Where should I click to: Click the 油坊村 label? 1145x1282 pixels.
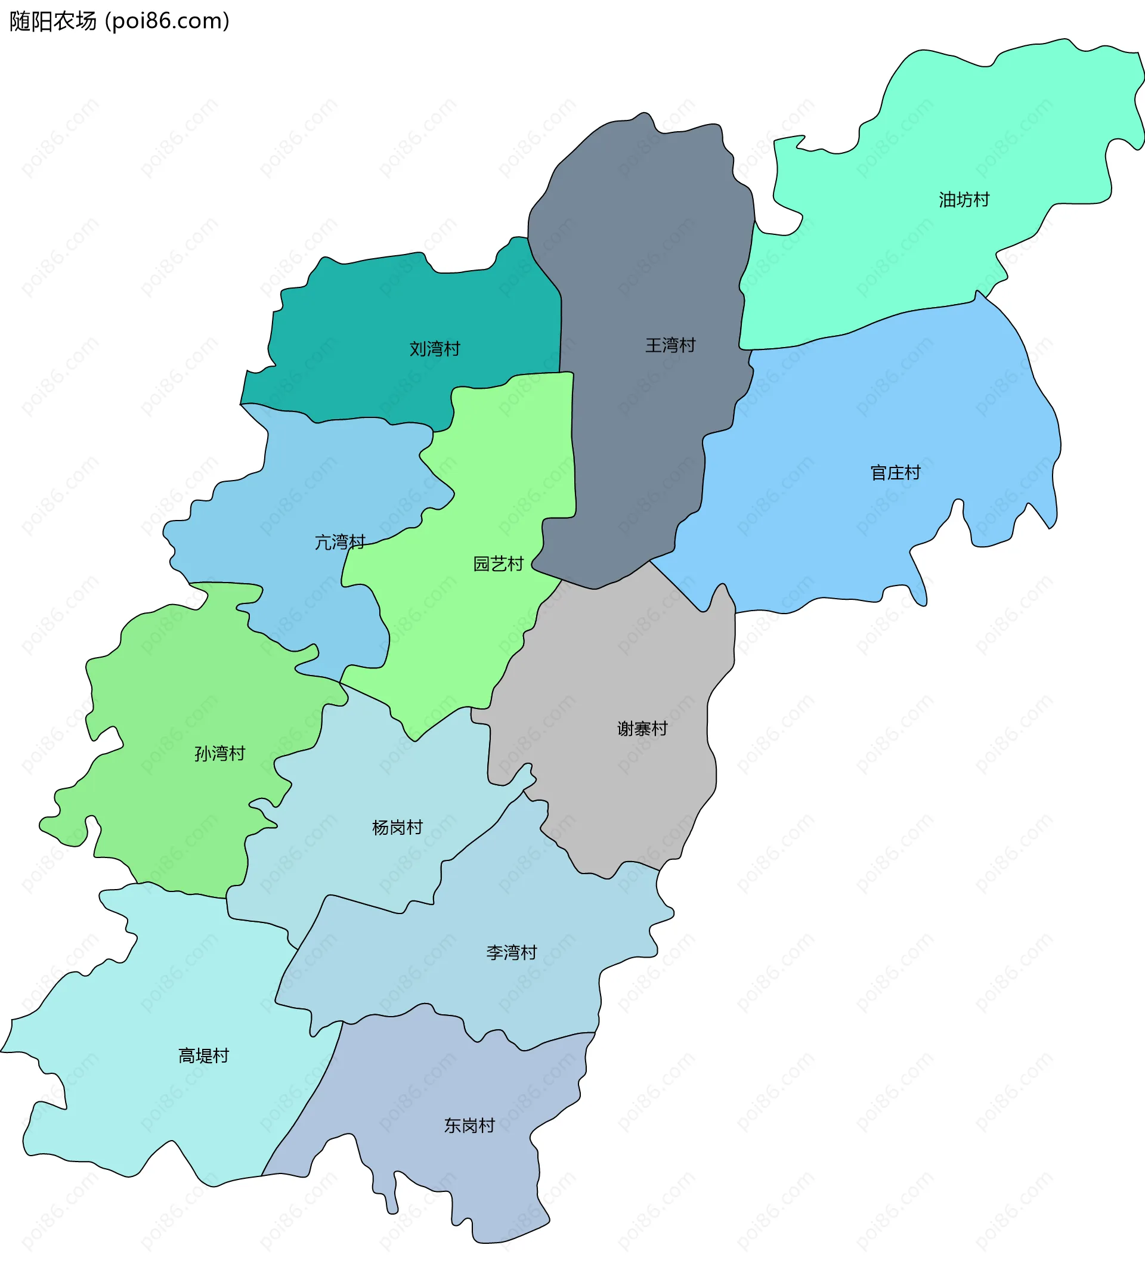pyautogui.click(x=964, y=199)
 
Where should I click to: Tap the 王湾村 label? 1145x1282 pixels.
pyautogui.click(x=670, y=345)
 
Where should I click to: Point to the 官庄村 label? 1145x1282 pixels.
pyautogui.click(x=895, y=472)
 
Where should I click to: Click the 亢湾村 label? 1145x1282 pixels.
pyautogui.click(x=340, y=541)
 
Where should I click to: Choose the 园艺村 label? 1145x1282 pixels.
pyautogui.click(x=499, y=563)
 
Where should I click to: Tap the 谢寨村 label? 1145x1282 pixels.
pyautogui.click(x=642, y=729)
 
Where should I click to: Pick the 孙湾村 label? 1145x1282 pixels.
pyautogui.click(x=219, y=753)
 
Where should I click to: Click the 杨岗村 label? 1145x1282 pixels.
pyautogui.click(x=397, y=827)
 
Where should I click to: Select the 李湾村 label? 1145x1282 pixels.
pyautogui.click(x=512, y=952)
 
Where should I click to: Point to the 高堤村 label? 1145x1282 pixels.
pyautogui.click(x=203, y=1055)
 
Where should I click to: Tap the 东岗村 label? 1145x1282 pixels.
pyautogui.click(x=469, y=1125)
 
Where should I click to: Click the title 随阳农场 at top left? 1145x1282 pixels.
pyautogui.click(x=53, y=21)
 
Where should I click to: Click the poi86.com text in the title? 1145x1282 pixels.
pyautogui.click(x=168, y=21)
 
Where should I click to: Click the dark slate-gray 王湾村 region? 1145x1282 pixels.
pyautogui.click(x=642, y=252)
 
